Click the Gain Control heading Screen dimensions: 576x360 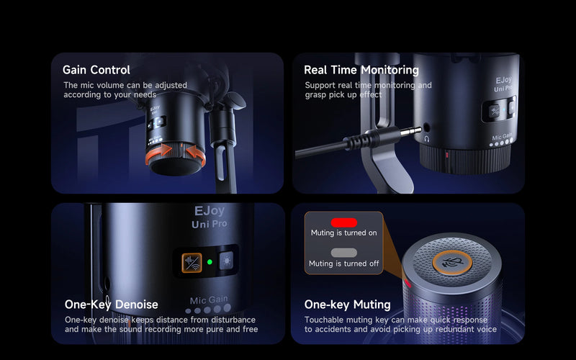click(x=96, y=70)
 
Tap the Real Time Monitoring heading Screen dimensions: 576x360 click(x=361, y=70)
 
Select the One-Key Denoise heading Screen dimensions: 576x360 click(x=112, y=305)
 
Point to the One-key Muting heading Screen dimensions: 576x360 click(x=348, y=305)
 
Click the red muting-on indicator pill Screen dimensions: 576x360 click(x=344, y=222)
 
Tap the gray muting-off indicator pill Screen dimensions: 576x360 click(x=344, y=253)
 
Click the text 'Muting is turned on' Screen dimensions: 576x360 click(x=344, y=233)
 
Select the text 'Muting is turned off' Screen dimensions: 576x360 click(x=344, y=264)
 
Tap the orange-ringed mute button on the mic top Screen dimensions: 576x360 click(x=452, y=262)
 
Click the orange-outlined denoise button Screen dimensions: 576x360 click(x=192, y=263)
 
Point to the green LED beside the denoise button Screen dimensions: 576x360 click(x=210, y=262)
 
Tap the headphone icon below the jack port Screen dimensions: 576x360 click(x=426, y=139)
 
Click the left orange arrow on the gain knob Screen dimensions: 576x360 click(x=158, y=153)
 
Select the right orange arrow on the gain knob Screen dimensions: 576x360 click(x=196, y=154)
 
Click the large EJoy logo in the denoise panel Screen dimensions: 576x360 click(x=209, y=211)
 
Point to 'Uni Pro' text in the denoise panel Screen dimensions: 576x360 click(x=210, y=224)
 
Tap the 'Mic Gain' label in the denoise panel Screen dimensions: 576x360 click(x=209, y=300)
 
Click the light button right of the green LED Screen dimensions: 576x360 click(x=226, y=261)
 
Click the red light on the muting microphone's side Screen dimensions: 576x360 click(x=407, y=283)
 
